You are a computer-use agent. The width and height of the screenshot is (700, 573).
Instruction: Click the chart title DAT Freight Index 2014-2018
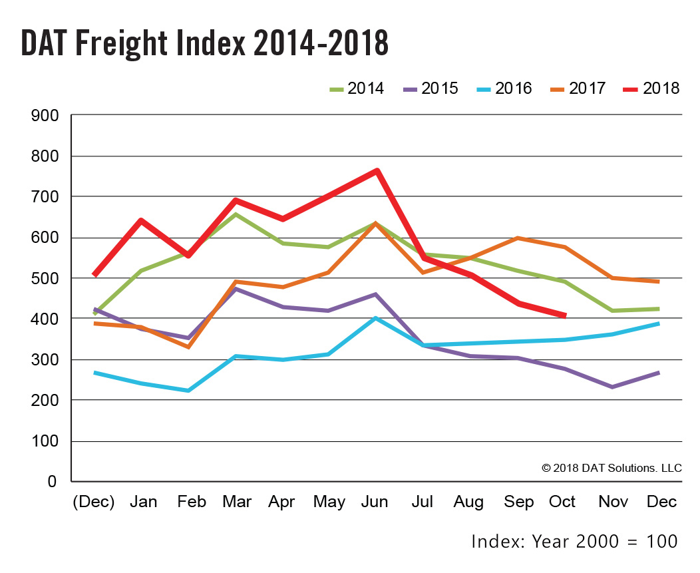[x=205, y=43]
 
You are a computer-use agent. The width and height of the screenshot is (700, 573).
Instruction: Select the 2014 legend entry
[x=357, y=89]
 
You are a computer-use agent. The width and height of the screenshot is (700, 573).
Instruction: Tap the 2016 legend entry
[x=504, y=89]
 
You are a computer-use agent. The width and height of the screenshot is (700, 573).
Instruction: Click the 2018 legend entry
[x=652, y=89]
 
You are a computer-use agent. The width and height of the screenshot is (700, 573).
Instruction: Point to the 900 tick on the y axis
[x=45, y=116]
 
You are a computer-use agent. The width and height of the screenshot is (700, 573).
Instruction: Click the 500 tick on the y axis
[x=45, y=278]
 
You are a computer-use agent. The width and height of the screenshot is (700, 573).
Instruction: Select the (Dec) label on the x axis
[x=94, y=502]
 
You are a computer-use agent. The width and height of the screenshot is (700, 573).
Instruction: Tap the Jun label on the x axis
[x=375, y=502]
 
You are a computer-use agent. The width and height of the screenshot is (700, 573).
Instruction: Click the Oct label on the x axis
[x=562, y=502]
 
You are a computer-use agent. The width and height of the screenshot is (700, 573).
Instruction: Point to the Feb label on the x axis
[x=190, y=502]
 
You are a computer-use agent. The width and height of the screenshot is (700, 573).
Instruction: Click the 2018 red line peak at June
[x=377, y=171]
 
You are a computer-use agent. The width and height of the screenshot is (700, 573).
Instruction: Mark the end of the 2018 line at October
[x=564, y=315]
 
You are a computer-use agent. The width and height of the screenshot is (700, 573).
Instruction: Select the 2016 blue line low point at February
[x=190, y=390]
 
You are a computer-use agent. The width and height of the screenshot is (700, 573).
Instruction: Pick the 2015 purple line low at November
[x=612, y=387]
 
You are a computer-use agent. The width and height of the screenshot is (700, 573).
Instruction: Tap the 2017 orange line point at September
[x=518, y=238]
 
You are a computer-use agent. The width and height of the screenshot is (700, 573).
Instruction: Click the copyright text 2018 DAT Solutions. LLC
[x=612, y=468]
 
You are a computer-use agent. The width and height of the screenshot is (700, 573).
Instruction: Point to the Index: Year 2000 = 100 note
[x=574, y=541]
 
